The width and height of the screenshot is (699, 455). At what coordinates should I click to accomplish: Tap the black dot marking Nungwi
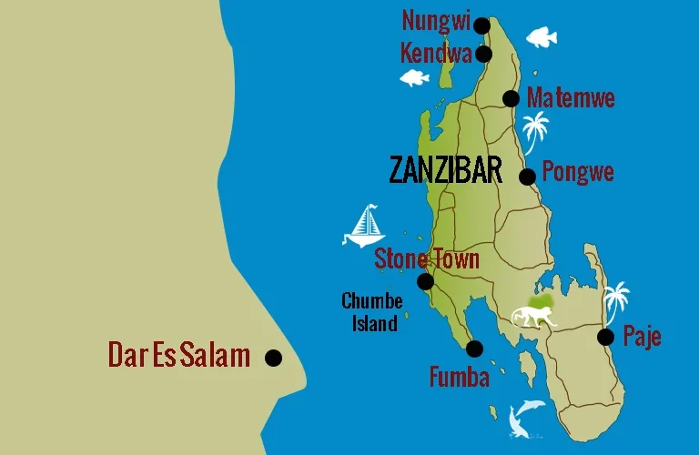coord(481,25)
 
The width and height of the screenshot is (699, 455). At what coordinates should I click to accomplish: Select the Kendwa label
coord(436,53)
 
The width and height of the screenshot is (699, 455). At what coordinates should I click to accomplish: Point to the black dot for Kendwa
coord(483,55)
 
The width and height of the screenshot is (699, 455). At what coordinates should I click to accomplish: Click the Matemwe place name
coord(571,98)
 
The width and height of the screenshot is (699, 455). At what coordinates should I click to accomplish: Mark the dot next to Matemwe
coord(511,98)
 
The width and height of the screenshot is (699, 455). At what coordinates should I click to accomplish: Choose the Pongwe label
coord(578,172)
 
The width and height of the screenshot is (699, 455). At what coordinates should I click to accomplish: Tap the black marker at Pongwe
coord(527,177)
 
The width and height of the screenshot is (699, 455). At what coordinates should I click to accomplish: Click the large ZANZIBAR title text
coord(445,170)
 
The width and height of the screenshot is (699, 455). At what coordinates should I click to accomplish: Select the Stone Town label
coord(427,259)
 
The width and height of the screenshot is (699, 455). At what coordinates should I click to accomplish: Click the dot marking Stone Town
coord(425,282)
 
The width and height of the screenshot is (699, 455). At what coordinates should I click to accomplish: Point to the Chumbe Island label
coord(371,311)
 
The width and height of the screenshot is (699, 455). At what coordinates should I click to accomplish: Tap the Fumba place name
coord(460,377)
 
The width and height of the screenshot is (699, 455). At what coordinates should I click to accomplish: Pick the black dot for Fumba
coord(474,349)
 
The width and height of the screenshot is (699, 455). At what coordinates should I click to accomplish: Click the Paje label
coord(642,337)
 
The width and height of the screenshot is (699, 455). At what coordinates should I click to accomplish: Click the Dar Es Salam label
coord(178,355)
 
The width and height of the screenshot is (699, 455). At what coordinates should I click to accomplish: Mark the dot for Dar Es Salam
coord(273,358)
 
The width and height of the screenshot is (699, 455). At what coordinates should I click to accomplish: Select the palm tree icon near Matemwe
coord(536,131)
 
